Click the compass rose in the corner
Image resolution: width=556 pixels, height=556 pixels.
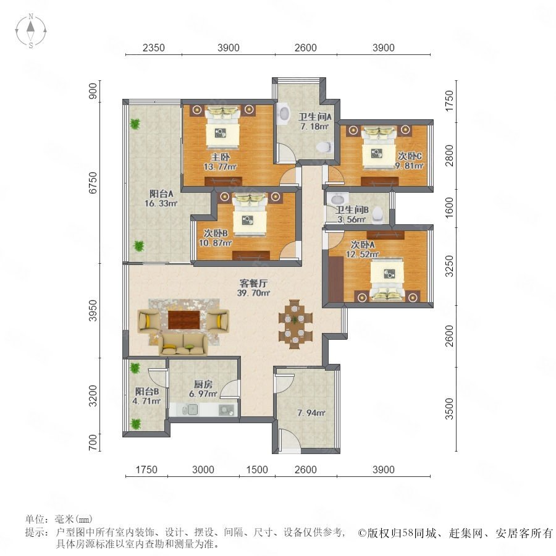coord(31,31)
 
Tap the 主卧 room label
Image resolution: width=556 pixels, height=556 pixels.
coord(221,157)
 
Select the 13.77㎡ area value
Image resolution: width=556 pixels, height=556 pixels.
coord(220,167)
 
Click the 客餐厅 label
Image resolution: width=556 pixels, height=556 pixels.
coord(253,284)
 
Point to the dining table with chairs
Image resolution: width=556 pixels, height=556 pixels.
coord(295,324)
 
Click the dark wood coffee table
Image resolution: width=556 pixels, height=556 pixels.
coord(183,320)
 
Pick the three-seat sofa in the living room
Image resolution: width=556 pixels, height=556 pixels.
coord(183,344)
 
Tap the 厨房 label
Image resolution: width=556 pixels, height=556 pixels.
coord(203,384)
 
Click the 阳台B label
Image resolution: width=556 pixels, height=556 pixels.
coord(147,392)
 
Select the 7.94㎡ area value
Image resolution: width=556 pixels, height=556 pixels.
coord(311,413)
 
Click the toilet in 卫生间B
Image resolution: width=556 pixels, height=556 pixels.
coord(378,215)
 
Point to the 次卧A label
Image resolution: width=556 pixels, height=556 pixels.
coord(363,245)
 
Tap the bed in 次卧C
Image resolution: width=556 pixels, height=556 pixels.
coord(378,148)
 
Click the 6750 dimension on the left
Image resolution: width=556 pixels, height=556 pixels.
coord(93,183)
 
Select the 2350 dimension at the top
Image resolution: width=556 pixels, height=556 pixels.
coord(154,48)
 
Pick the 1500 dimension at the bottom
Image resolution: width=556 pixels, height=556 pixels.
coord(257,470)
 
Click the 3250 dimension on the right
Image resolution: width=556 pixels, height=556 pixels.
coord(449,266)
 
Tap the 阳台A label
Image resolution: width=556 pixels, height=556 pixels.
coord(161,194)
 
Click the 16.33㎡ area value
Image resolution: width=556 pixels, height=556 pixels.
coord(161,203)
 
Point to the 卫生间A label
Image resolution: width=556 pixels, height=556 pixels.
coord(315,117)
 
